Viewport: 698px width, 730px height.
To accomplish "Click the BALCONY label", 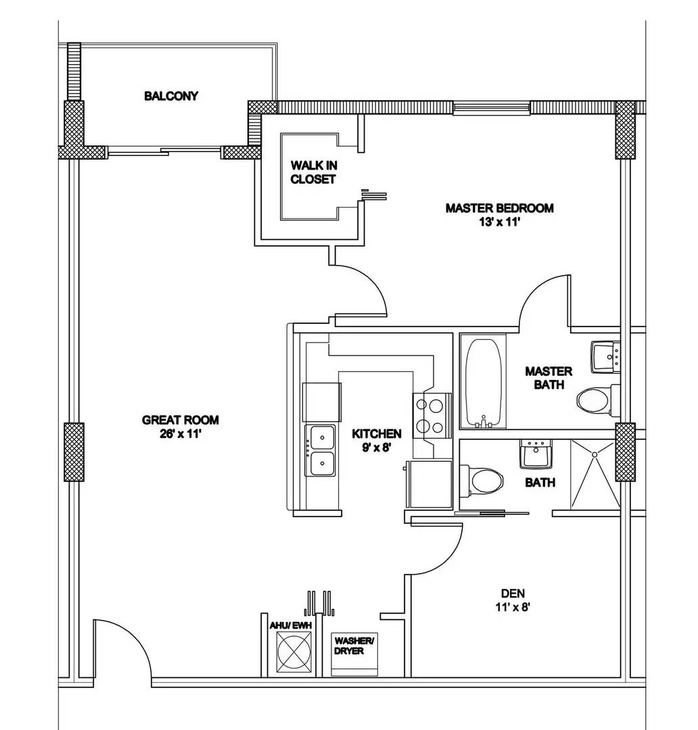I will [x=171, y=96].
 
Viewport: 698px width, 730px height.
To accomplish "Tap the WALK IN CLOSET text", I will [x=312, y=172].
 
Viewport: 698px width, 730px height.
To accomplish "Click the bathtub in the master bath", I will [x=484, y=382].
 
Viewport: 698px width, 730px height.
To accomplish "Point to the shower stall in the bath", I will [x=594, y=474].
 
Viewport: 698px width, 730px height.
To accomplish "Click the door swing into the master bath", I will [x=544, y=301].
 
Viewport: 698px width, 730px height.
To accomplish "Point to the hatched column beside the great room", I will [x=74, y=452].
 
